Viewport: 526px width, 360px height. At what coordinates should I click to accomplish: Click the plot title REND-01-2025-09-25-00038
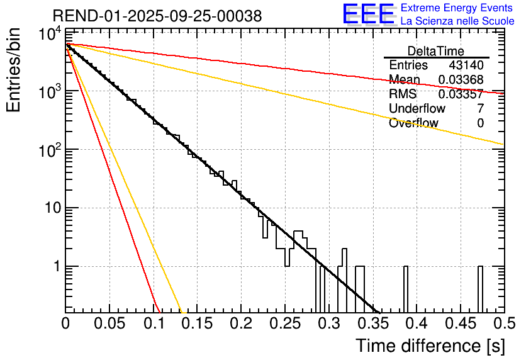[157, 16]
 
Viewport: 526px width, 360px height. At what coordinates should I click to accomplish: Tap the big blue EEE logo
[368, 14]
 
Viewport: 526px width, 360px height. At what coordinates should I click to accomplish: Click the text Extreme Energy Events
[457, 8]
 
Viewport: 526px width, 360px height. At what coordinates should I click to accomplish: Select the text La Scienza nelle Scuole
[457, 21]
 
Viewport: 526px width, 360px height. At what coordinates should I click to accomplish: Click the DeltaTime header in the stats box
[436, 51]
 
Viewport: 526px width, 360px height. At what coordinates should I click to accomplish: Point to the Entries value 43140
[466, 65]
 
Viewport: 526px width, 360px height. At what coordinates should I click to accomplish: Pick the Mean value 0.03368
[461, 79]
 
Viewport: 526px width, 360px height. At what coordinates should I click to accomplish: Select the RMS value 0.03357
[461, 94]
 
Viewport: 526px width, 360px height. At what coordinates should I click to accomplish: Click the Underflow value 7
[481, 109]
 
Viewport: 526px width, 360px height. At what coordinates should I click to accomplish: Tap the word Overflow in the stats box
[413, 123]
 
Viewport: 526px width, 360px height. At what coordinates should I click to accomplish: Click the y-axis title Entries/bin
[14, 70]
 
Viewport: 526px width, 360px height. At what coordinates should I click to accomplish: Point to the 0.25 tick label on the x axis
[284, 324]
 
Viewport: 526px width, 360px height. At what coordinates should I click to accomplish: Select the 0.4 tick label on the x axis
[415, 324]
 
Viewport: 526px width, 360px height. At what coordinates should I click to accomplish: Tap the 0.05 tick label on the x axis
[109, 324]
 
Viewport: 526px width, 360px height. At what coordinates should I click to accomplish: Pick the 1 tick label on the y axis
[54, 267]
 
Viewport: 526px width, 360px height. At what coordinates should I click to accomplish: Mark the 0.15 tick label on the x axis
[197, 324]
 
